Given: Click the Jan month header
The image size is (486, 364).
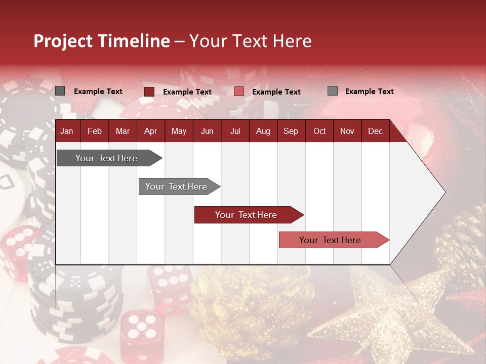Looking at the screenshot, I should click(67, 131).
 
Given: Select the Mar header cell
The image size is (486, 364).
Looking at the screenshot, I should click(123, 131).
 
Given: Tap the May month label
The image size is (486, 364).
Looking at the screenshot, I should click(179, 131).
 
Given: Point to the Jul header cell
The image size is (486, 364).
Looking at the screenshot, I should click(235, 131).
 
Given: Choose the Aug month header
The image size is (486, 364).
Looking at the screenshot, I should click(263, 131).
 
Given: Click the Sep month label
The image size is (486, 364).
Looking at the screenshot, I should click(291, 131).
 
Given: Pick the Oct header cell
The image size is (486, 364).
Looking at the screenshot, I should click(319, 131).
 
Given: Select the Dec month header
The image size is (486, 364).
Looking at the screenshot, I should click(375, 131).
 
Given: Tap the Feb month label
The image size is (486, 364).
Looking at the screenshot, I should click(95, 131).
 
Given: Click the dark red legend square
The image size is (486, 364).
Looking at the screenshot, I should click(149, 92).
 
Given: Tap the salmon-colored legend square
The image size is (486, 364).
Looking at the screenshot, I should click(239, 92).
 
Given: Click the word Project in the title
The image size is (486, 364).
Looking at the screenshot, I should click(63, 41).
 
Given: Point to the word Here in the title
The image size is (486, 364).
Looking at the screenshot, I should click(292, 41).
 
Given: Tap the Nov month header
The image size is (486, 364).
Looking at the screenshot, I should click(347, 131).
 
